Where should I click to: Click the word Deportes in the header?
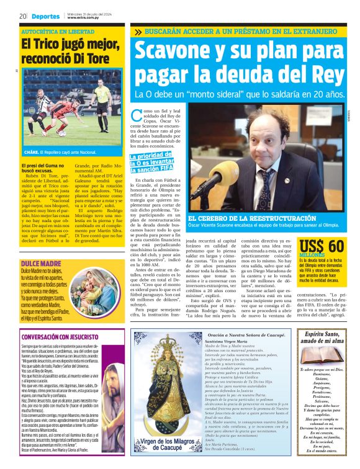pos(45,17)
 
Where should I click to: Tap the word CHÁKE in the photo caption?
pos(32,151)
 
